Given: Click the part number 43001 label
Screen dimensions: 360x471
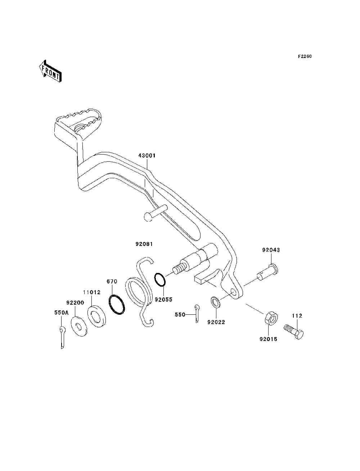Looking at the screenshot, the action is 147,156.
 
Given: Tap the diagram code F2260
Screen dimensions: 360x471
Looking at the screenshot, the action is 305,57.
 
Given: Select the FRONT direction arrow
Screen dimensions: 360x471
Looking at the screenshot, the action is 50,71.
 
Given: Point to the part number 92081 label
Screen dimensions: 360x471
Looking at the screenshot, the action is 144,244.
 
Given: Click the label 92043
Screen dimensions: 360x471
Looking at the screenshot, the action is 271,250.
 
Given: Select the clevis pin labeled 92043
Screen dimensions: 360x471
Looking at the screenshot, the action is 267,272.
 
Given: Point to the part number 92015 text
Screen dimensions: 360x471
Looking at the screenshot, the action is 269,339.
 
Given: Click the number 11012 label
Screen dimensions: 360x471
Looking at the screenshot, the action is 92,292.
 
